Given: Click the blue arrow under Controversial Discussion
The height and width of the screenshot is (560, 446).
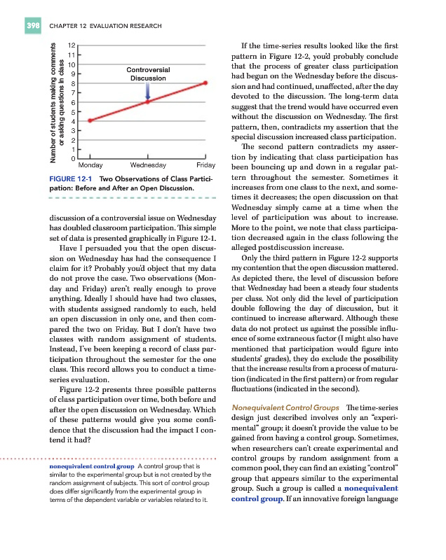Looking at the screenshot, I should point(148,90).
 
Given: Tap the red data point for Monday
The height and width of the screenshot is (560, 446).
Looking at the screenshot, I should point(90,121).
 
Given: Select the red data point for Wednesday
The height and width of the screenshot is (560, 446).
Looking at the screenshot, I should point(148,101).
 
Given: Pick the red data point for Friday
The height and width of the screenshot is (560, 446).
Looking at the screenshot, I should point(205,83).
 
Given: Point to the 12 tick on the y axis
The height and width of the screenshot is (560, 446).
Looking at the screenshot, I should point(72,45).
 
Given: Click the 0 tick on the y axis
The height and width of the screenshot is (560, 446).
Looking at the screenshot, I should point(72,159).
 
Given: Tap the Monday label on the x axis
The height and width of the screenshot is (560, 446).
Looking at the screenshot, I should point(91,166).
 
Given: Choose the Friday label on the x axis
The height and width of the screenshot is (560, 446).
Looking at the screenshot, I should point(205,166).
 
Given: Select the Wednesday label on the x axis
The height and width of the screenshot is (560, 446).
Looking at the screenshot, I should point(148,166).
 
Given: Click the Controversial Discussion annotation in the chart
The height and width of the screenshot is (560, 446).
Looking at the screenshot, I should point(147,74).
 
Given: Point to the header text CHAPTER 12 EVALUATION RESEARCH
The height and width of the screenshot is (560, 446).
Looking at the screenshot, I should point(105,27).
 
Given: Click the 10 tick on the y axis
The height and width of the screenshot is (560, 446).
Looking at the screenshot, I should point(72,64).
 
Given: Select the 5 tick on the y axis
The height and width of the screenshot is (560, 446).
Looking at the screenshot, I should point(72,111).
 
